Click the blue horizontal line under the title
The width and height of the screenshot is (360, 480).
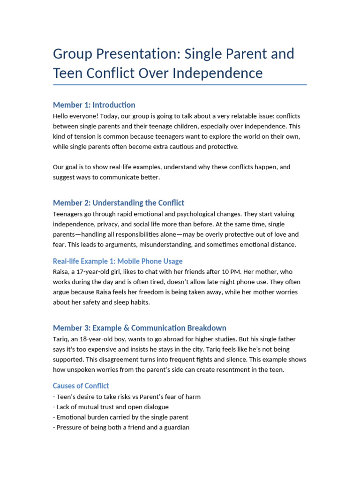point(180,85)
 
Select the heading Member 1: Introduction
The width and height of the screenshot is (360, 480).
point(94,105)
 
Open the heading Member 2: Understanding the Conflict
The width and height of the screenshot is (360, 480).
point(119,203)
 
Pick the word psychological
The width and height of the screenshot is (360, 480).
point(182,214)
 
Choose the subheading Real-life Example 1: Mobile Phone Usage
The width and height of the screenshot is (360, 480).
point(118,261)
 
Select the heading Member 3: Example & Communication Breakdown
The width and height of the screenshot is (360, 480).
point(140,328)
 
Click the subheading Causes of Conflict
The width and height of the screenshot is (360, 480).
point(81,386)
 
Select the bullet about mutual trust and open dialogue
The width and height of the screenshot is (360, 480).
point(112,407)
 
